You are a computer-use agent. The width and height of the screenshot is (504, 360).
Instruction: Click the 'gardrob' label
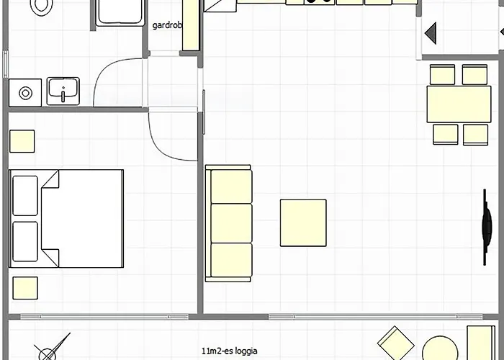tap(167, 25)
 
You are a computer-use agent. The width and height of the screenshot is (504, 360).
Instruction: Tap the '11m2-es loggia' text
tap(230, 351)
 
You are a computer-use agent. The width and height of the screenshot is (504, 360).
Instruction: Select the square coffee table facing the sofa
tap(303, 223)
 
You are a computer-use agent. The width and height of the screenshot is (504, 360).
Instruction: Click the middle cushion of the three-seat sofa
tap(231, 223)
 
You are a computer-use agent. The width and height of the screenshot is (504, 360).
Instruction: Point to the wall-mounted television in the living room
tap(487, 227)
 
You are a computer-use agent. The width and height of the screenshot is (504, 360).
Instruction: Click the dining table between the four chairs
tap(459, 104)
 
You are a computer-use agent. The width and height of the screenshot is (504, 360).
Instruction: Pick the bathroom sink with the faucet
tap(63, 91)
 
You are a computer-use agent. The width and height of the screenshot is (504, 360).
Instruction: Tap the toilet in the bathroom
tap(42, 7)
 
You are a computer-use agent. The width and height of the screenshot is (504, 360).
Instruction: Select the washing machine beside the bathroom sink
tap(25, 93)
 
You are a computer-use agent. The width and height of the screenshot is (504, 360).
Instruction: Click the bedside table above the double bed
tap(22, 141)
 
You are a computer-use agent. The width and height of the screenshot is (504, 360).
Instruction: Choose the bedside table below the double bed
tap(25, 288)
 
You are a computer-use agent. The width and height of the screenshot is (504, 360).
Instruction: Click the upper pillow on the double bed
tap(25, 195)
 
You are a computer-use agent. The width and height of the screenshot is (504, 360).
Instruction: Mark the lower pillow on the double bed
tap(25, 242)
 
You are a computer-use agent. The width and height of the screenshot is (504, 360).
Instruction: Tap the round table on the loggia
tap(440, 348)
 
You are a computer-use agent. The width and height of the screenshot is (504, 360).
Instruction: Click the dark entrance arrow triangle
tap(431, 33)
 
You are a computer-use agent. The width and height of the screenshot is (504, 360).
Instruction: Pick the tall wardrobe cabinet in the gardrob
tap(191, 25)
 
